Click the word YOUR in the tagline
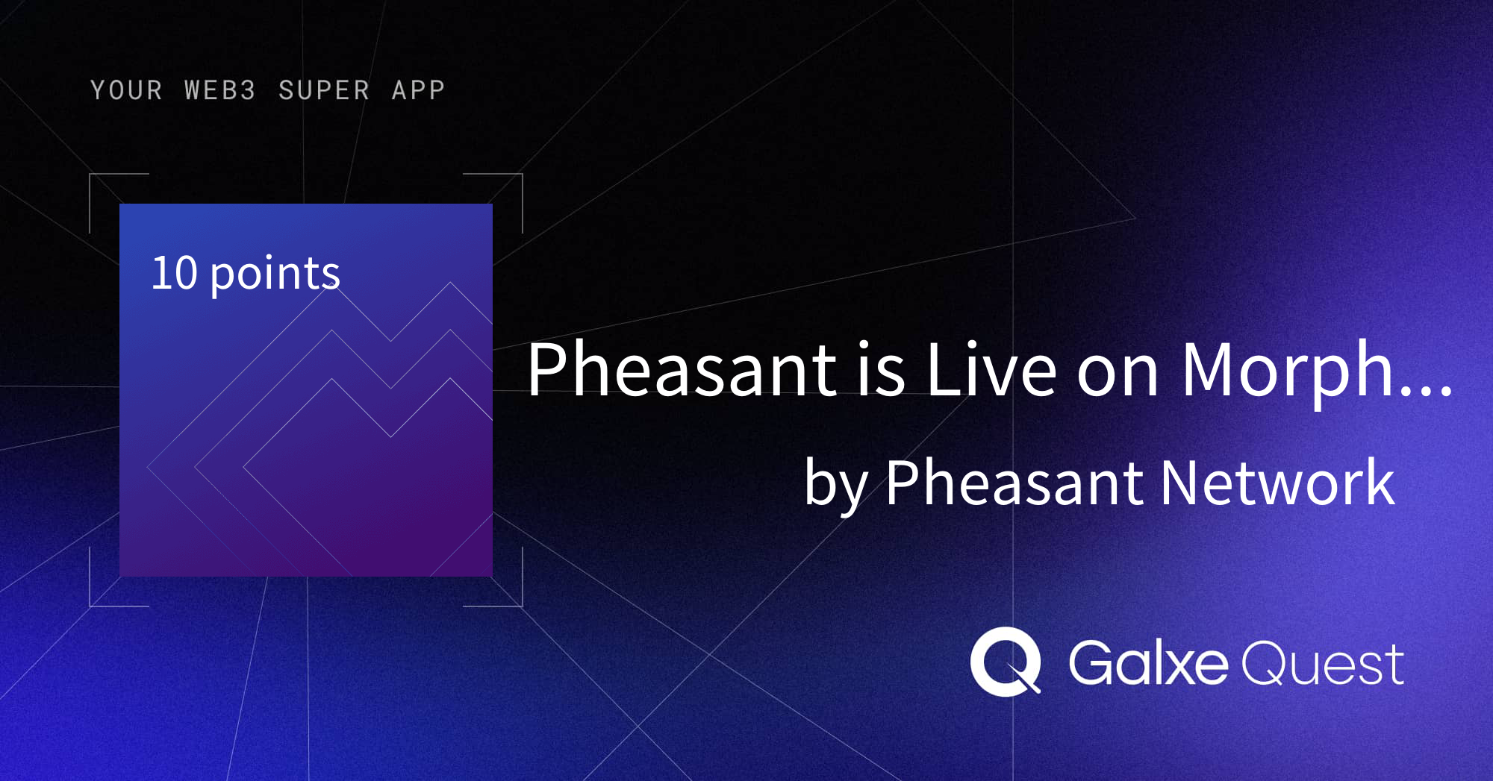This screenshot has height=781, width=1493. [126, 90]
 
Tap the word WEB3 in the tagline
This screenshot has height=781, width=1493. [220, 90]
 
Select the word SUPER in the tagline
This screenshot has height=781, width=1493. [324, 90]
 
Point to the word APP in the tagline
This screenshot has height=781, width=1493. [418, 90]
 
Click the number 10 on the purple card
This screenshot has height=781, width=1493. [174, 273]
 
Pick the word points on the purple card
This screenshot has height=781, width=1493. [275, 275]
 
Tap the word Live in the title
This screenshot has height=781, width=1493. [991, 369]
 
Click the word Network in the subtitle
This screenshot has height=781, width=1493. [1277, 483]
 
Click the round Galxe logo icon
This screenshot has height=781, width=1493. [1005, 662]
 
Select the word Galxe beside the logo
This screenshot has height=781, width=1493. [1147, 662]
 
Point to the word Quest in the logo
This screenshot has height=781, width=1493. [1321, 664]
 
